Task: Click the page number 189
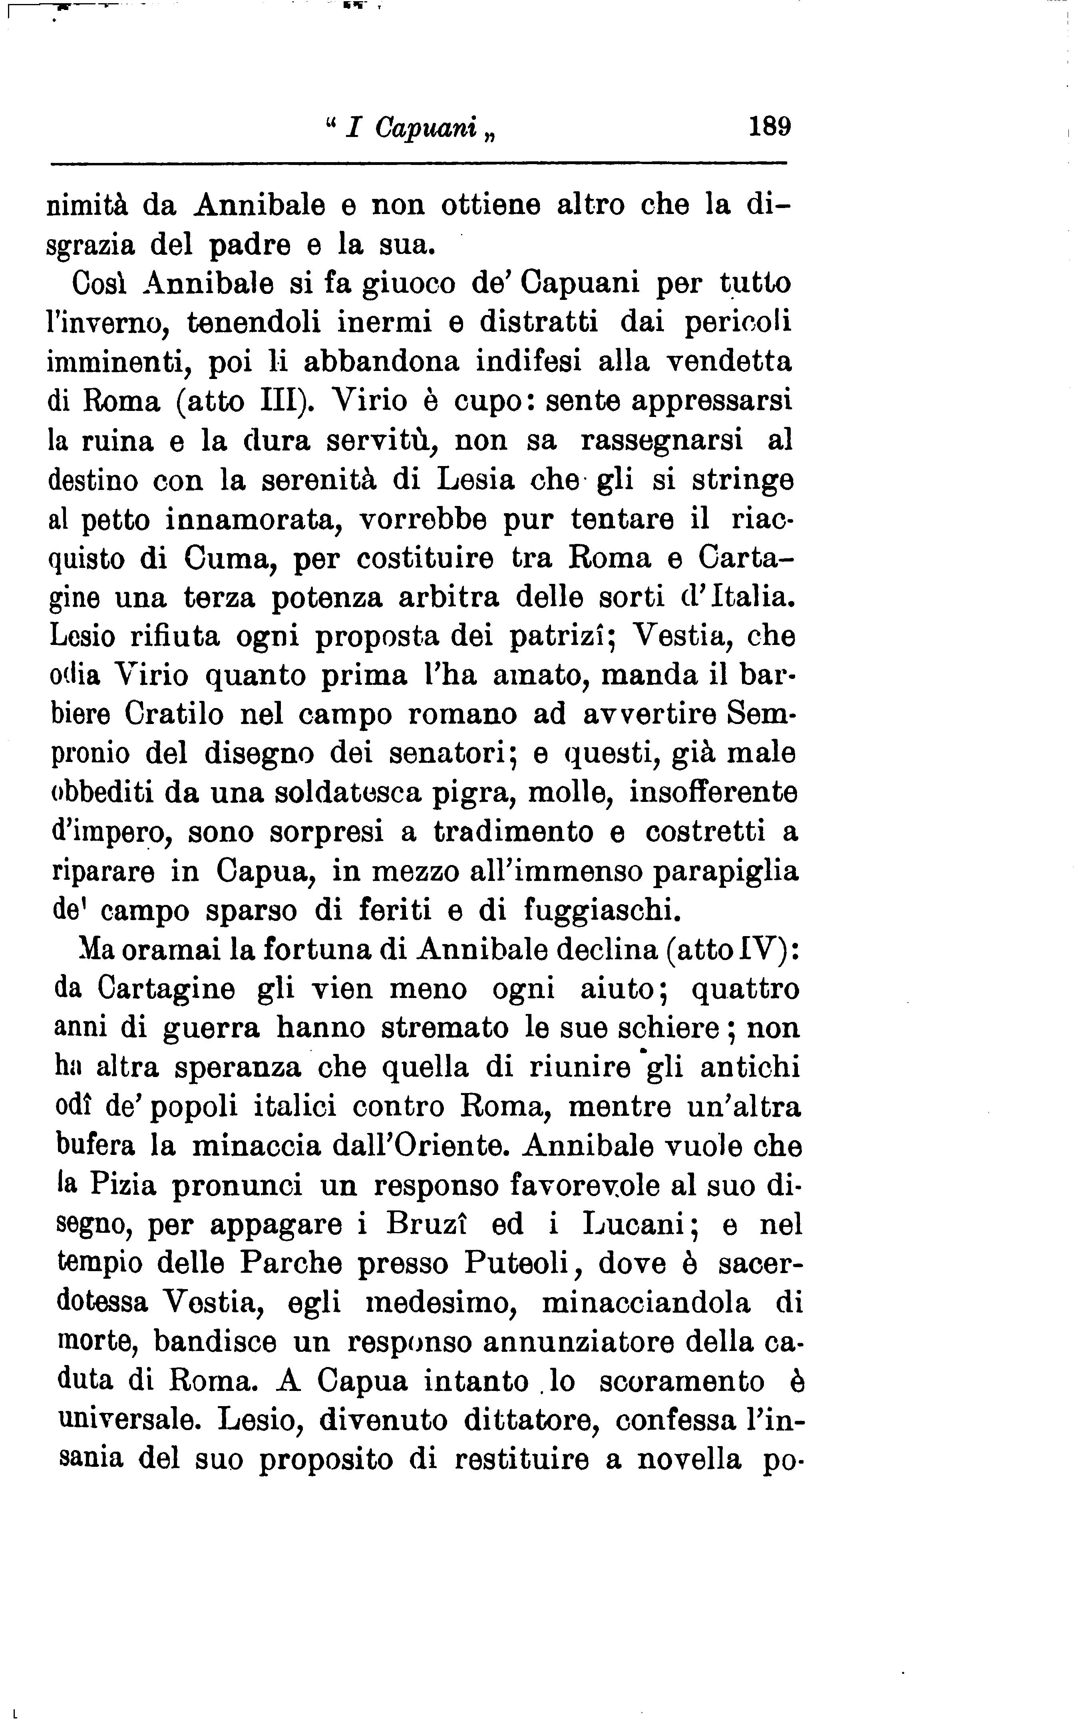[769, 127]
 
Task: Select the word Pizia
[123, 1185]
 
